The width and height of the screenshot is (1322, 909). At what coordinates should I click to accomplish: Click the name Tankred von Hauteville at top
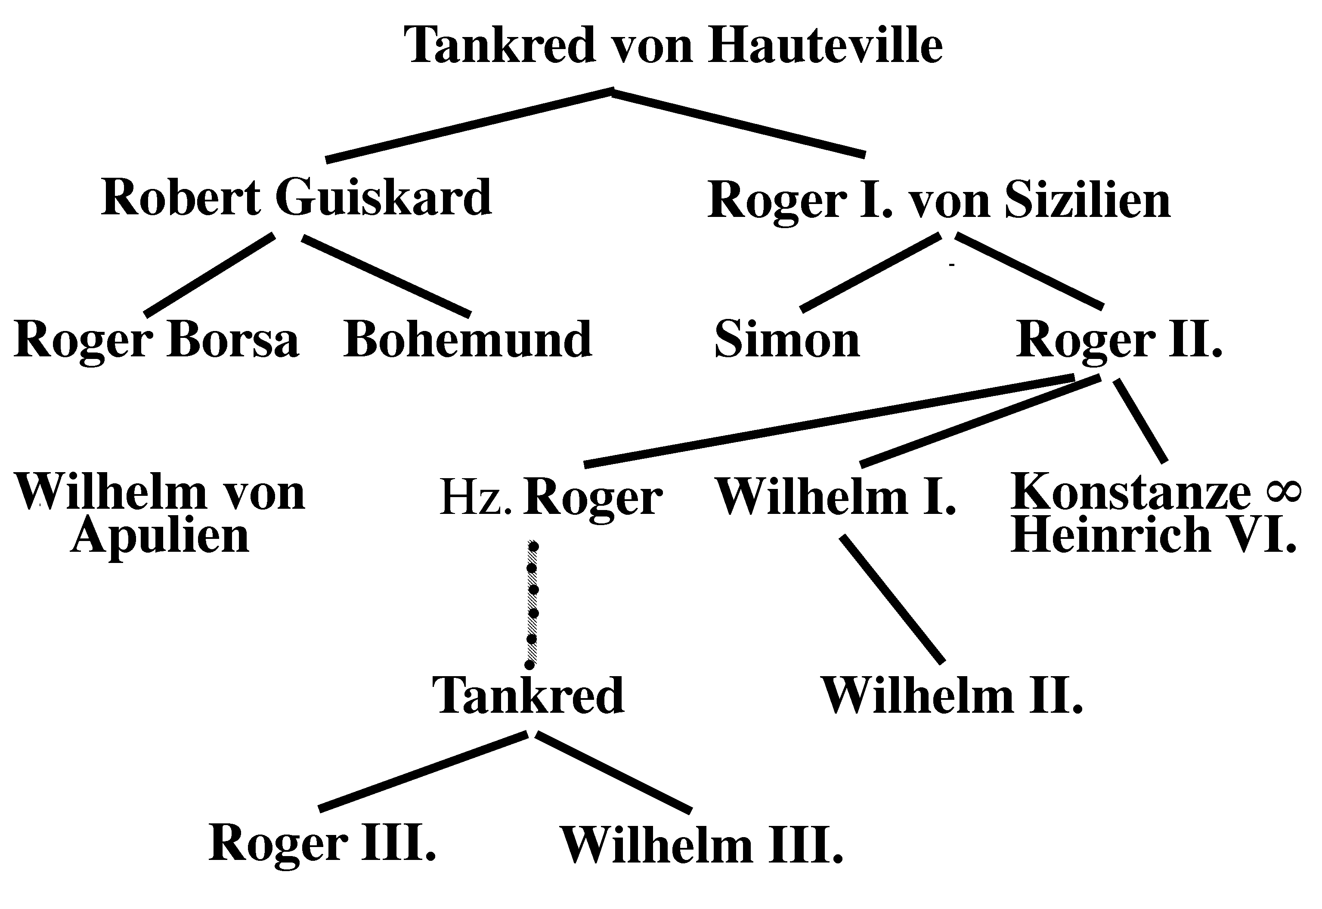pyautogui.click(x=673, y=46)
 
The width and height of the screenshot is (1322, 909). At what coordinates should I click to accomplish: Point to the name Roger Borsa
pyautogui.click(x=156, y=340)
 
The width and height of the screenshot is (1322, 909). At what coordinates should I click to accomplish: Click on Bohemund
pyautogui.click(x=467, y=340)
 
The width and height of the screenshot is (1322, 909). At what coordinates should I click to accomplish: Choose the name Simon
pyautogui.click(x=787, y=340)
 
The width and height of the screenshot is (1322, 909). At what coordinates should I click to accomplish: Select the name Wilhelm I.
pyautogui.click(x=835, y=497)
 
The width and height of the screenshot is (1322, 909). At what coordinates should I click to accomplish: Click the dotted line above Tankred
pyautogui.click(x=532, y=604)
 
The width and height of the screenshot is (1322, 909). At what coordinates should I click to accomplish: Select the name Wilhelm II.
pyautogui.click(x=951, y=696)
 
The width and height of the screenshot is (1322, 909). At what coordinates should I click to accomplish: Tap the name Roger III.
pyautogui.click(x=322, y=843)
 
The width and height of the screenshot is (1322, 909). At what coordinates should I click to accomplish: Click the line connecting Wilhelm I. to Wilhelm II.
pyautogui.click(x=892, y=599)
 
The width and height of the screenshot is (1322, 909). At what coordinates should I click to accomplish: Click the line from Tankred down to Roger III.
pyautogui.click(x=423, y=771)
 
